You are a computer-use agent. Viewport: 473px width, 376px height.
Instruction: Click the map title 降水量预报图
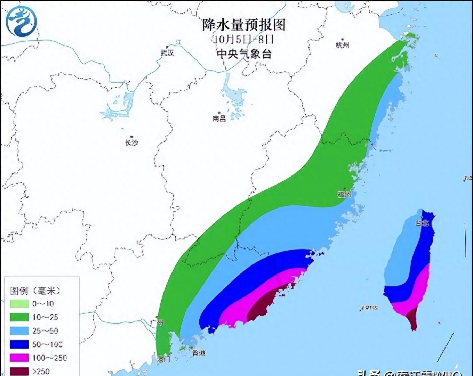(x=244, y=25)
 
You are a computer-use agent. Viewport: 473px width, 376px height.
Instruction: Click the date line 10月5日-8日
(x=244, y=39)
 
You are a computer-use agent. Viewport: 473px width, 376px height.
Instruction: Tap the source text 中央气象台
(x=244, y=54)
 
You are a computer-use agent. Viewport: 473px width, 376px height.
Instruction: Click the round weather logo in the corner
(x=21, y=21)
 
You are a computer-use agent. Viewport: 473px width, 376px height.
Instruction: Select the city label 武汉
(x=167, y=53)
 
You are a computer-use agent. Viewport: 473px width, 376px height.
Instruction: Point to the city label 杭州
(x=342, y=45)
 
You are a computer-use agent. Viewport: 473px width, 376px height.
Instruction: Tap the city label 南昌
(x=219, y=118)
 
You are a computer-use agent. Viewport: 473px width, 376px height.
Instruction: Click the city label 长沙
(x=131, y=142)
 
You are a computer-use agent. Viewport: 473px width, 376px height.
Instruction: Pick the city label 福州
(x=344, y=194)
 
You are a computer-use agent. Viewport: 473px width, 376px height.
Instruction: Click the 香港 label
(x=199, y=353)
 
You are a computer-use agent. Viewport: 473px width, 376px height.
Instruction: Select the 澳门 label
(x=163, y=359)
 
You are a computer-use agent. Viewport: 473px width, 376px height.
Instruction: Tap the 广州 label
(x=157, y=323)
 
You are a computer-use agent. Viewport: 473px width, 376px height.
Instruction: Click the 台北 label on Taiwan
(x=422, y=223)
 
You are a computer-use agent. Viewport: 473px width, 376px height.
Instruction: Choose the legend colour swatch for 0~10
(x=19, y=304)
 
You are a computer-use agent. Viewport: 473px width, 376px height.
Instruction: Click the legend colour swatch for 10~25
(x=19, y=317)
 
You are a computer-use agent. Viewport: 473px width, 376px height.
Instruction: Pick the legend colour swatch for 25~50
(x=19, y=331)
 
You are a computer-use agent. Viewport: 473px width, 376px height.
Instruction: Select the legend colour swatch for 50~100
(x=19, y=344)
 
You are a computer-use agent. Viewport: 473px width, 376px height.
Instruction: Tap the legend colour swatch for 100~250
(x=19, y=358)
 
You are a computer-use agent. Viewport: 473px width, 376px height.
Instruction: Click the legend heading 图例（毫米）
(x=35, y=291)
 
